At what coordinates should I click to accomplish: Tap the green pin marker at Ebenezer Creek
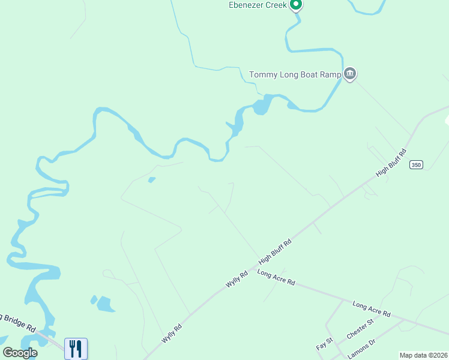pyautogui.click(x=295, y=5)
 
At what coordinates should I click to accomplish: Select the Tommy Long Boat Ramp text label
pyautogui.click(x=295, y=75)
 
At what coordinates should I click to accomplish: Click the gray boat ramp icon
pyautogui.click(x=350, y=74)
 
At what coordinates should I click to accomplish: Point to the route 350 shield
pyautogui.click(x=416, y=164)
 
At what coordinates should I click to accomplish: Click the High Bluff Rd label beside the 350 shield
pyautogui.click(x=391, y=162)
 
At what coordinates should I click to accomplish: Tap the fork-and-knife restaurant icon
pyautogui.click(x=76, y=349)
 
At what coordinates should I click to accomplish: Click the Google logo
pyautogui.click(x=20, y=353)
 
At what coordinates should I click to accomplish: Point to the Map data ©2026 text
pyautogui.click(x=423, y=355)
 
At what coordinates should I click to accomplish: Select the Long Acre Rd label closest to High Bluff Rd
pyautogui.click(x=276, y=277)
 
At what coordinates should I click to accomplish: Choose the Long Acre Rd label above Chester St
pyautogui.click(x=372, y=310)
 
